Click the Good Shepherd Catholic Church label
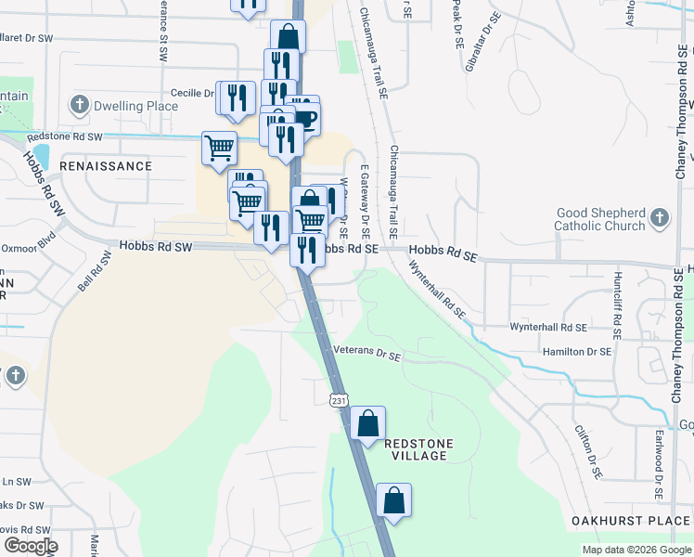pyautogui.click(x=599, y=219)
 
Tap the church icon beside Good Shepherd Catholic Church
pyautogui.click(x=659, y=219)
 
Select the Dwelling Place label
pyautogui.click(x=135, y=106)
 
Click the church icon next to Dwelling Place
pyautogui.click(x=81, y=104)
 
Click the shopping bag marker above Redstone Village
pyautogui.click(x=367, y=424)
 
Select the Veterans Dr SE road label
pyautogui.click(x=367, y=353)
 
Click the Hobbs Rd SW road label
pyautogui.click(x=155, y=247)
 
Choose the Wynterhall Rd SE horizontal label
pyautogui.click(x=548, y=328)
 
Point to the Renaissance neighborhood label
pyautogui.click(x=105, y=166)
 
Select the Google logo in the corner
pyautogui.click(x=31, y=546)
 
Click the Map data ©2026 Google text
pyautogui.click(x=636, y=550)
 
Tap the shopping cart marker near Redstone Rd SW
pyautogui.click(x=219, y=147)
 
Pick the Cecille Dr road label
pyautogui.click(x=193, y=93)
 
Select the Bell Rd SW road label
pyautogui.click(x=94, y=271)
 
